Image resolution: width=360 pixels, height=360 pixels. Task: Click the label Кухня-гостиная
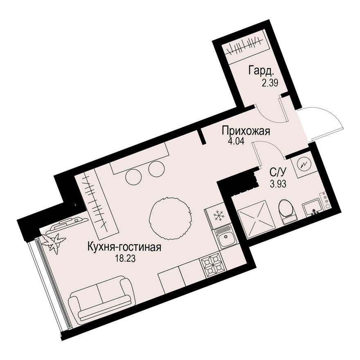click(x=124, y=248)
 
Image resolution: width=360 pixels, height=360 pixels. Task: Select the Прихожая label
click(x=246, y=131)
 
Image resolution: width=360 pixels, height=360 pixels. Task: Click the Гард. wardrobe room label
click(x=261, y=71)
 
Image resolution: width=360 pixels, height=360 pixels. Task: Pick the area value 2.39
click(x=270, y=82)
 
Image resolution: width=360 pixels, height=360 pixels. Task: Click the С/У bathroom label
click(x=278, y=172)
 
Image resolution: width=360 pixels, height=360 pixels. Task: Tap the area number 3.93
click(x=278, y=184)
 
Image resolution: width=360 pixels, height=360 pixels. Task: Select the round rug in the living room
click(x=169, y=218)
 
